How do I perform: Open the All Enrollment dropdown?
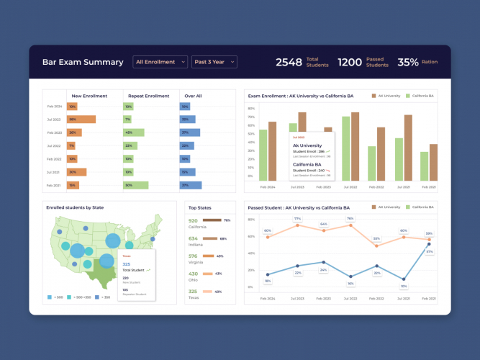click(x=160, y=62)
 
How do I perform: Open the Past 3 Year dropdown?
click(x=213, y=62)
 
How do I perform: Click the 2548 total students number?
click(x=289, y=63)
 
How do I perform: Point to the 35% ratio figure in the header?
click(x=408, y=63)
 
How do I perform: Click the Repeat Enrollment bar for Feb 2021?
click(x=135, y=185)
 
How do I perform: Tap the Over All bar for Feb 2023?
click(x=189, y=132)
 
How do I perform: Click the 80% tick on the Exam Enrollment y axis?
click(x=251, y=109)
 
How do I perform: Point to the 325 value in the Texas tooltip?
click(x=127, y=264)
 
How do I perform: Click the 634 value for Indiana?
click(x=193, y=238)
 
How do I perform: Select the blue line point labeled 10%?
click(x=350, y=276)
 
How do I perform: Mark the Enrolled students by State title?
click(x=75, y=207)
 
